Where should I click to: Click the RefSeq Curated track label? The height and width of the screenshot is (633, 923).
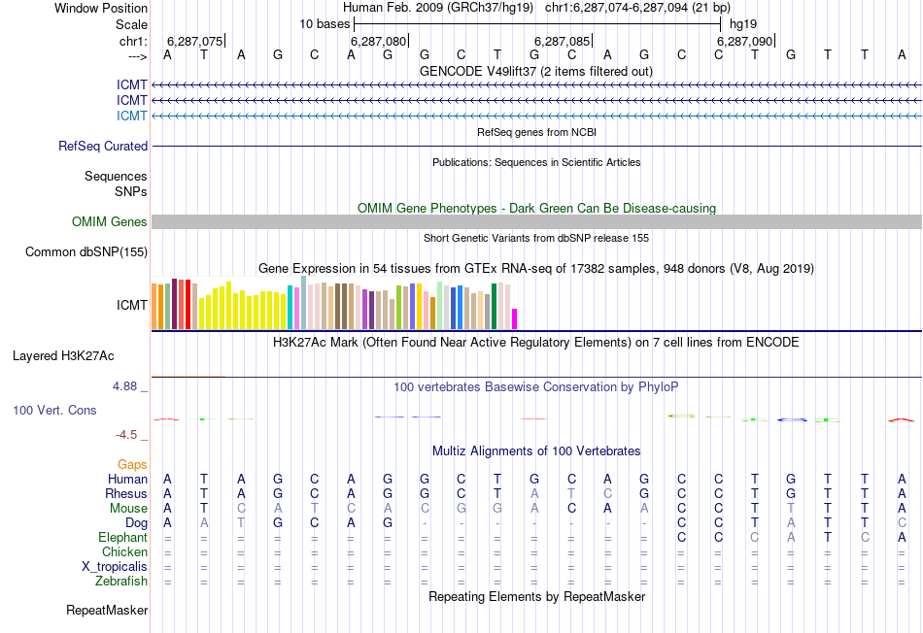click(103, 146)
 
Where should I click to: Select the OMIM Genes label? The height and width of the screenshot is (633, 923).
click(110, 222)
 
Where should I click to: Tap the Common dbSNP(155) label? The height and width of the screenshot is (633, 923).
click(86, 252)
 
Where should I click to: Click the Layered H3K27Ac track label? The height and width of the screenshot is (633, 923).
click(81, 355)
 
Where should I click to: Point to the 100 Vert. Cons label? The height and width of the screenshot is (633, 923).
click(54, 411)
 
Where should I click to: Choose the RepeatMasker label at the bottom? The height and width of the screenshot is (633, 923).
click(107, 611)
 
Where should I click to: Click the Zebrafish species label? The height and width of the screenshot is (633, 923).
click(121, 582)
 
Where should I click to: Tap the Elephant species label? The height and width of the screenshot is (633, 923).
click(122, 537)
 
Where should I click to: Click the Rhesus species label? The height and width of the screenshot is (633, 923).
click(125, 493)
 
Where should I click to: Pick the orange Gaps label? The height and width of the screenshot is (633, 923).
click(132, 465)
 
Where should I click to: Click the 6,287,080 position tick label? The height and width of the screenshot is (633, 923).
click(378, 42)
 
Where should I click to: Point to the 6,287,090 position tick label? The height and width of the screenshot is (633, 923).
click(744, 42)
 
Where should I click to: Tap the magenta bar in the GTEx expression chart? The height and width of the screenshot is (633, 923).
click(515, 318)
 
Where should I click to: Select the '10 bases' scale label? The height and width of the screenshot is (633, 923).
click(325, 23)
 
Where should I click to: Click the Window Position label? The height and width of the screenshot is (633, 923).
click(101, 8)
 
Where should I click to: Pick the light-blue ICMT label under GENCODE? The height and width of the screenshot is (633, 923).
click(132, 116)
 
